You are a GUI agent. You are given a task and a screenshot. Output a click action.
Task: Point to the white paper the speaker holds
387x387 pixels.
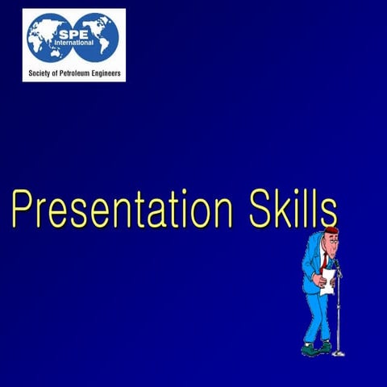coord(327,281)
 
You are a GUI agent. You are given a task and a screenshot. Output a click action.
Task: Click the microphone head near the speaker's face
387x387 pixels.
coord(337,261)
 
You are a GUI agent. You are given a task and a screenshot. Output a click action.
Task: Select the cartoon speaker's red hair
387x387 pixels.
coord(331,231)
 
